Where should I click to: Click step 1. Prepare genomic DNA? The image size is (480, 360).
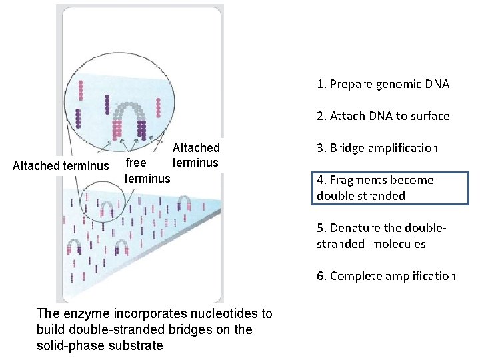pyautogui.click(x=383, y=84)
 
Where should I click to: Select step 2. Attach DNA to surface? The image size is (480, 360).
pyautogui.click(x=383, y=116)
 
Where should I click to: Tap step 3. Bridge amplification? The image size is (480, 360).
pyautogui.click(x=377, y=148)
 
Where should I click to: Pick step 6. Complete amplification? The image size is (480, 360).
pyautogui.click(x=386, y=276)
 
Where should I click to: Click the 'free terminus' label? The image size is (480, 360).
pyautogui.click(x=147, y=171)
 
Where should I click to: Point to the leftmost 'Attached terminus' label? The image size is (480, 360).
pyautogui.click(x=61, y=165)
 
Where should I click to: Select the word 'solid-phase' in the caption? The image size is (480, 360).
pyautogui.click(x=73, y=345)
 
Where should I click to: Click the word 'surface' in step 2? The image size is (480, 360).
pyautogui.click(x=429, y=116)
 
